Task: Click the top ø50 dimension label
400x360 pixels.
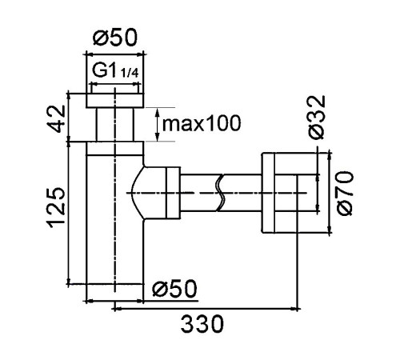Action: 115,38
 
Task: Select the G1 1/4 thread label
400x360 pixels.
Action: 115,71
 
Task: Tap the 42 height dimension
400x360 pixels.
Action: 58,119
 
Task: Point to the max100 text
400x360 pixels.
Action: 202,123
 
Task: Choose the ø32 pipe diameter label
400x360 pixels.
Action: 317,117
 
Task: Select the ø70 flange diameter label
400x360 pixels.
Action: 345,194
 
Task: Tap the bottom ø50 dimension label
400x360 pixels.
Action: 174,288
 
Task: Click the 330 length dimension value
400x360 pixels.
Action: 202,324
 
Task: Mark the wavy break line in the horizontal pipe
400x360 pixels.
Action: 221,193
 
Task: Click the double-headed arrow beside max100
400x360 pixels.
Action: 158,125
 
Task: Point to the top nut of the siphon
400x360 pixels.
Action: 115,101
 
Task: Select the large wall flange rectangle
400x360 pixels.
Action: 268,193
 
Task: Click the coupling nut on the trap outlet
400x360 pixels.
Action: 173,193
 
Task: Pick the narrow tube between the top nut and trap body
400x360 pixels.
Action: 114,125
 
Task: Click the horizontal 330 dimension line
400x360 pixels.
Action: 206,309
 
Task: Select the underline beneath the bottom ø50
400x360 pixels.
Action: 170,301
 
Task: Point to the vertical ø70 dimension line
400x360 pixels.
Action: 330,193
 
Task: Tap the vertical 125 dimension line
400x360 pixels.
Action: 69,213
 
